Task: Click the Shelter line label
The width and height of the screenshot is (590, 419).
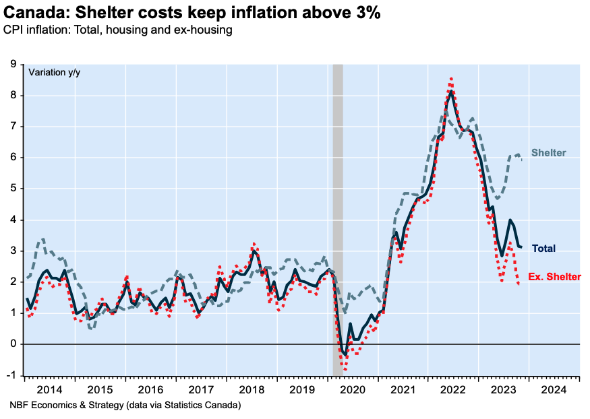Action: click(x=548, y=153)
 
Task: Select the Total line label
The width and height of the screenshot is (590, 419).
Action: click(x=543, y=249)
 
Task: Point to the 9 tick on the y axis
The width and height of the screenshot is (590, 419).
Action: click(x=13, y=65)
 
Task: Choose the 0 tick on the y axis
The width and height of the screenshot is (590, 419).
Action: click(x=13, y=344)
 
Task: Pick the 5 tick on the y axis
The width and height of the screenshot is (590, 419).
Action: click(x=13, y=189)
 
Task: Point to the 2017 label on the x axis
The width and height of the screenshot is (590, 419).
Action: click(x=201, y=389)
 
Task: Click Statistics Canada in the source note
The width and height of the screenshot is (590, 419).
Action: click(x=204, y=406)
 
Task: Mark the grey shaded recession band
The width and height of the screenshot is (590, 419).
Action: click(x=338, y=202)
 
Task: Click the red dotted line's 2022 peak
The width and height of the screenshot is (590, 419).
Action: click(x=450, y=79)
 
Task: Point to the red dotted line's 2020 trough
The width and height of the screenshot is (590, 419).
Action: click(x=345, y=369)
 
